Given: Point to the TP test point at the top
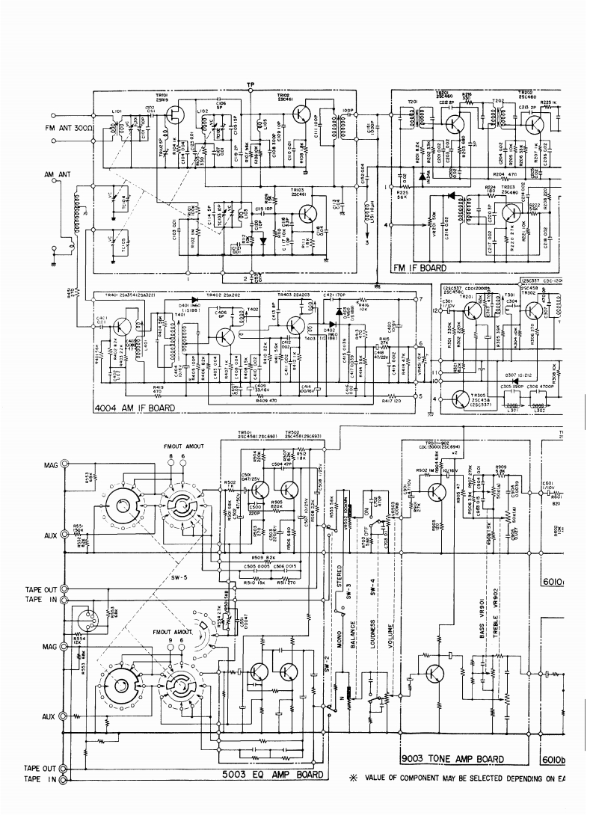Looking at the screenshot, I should tap(251, 84).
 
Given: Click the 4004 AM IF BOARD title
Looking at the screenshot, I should tap(135, 408).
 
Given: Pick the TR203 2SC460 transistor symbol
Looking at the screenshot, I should tap(510, 212).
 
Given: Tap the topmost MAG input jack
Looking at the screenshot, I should tap(64, 464).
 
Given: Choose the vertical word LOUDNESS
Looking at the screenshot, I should tap(372, 634).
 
